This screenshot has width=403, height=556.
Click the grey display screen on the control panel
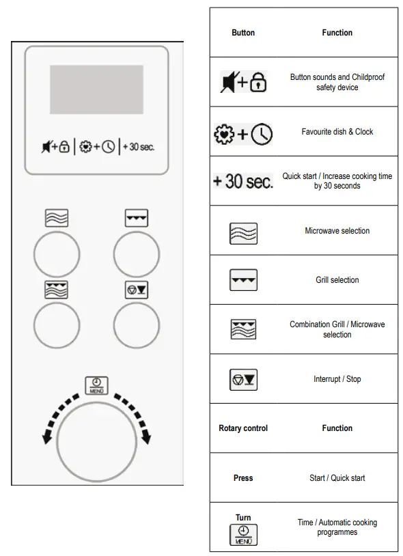(x=96, y=89)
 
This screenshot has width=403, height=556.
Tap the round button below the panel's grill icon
(x=137, y=254)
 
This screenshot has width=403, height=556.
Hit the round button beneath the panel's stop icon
(x=137, y=325)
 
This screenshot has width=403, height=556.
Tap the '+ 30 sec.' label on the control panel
(x=139, y=147)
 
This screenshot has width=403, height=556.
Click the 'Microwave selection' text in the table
(x=337, y=231)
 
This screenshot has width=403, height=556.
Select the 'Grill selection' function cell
(x=337, y=280)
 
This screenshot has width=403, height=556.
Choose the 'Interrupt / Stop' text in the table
(x=337, y=379)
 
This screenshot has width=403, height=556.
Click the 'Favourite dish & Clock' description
(x=337, y=132)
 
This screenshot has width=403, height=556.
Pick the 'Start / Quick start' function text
(x=337, y=478)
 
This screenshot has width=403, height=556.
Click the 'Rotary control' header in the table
(x=243, y=428)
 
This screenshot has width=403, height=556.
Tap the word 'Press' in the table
(x=243, y=478)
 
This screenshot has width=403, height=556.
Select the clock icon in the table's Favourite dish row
(x=261, y=135)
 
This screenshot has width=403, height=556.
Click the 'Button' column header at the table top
(x=243, y=33)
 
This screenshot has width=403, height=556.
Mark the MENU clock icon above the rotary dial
(x=96, y=385)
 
